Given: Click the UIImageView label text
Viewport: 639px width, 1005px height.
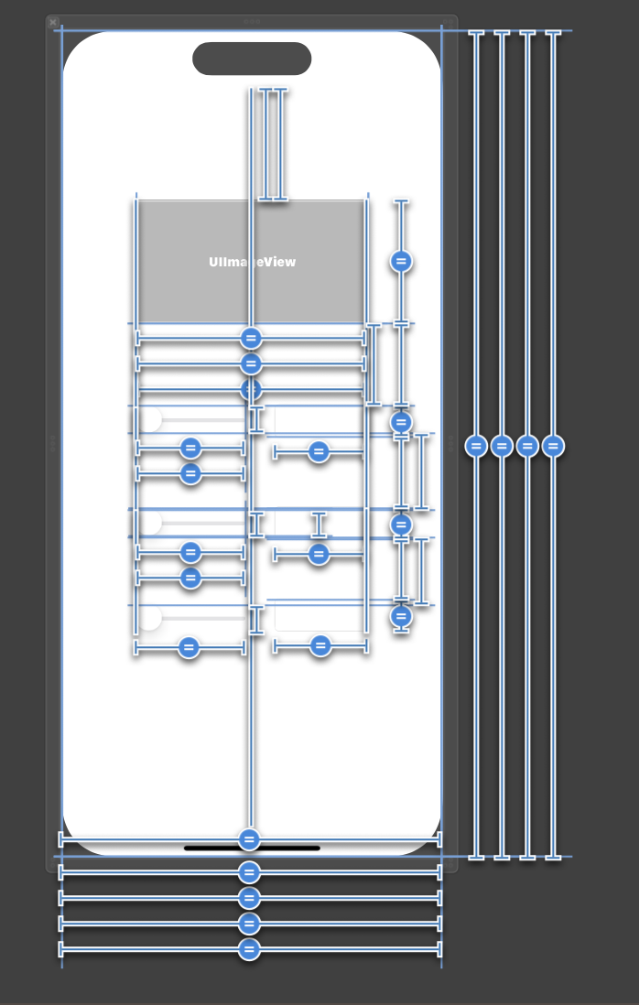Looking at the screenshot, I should pyautogui.click(x=252, y=262).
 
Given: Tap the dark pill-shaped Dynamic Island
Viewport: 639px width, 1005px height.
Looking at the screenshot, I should pyautogui.click(x=252, y=59).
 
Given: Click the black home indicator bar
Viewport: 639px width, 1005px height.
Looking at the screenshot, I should pyautogui.click(x=252, y=848).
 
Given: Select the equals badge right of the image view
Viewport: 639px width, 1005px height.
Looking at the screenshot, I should pyautogui.click(x=401, y=262).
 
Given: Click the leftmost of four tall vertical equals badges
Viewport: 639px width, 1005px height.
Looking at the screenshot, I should pyautogui.click(x=476, y=446).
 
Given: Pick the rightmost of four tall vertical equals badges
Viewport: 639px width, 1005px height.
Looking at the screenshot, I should pyautogui.click(x=553, y=446).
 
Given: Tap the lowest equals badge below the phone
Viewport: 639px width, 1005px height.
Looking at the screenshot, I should pyautogui.click(x=249, y=949).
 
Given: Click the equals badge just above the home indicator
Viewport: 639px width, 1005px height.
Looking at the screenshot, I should pyautogui.click(x=249, y=839).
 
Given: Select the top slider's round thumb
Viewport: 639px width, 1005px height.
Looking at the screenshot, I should pyautogui.click(x=150, y=419).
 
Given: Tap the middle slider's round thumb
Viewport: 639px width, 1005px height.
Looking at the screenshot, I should pyautogui.click(x=150, y=523).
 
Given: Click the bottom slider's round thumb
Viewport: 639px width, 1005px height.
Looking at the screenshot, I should pyautogui.click(x=150, y=618).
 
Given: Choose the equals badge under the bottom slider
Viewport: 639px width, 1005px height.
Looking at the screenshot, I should pyautogui.click(x=189, y=648).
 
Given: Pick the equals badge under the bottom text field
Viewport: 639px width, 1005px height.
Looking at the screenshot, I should pyautogui.click(x=320, y=646).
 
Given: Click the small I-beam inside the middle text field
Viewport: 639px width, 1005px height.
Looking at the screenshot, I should pyautogui.click(x=319, y=524).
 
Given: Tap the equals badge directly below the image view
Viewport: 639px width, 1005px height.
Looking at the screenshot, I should pyautogui.click(x=251, y=339).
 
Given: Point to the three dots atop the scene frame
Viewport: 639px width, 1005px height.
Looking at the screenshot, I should pyautogui.click(x=252, y=21).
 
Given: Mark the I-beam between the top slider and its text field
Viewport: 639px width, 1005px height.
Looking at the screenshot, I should pyautogui.click(x=256, y=419).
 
